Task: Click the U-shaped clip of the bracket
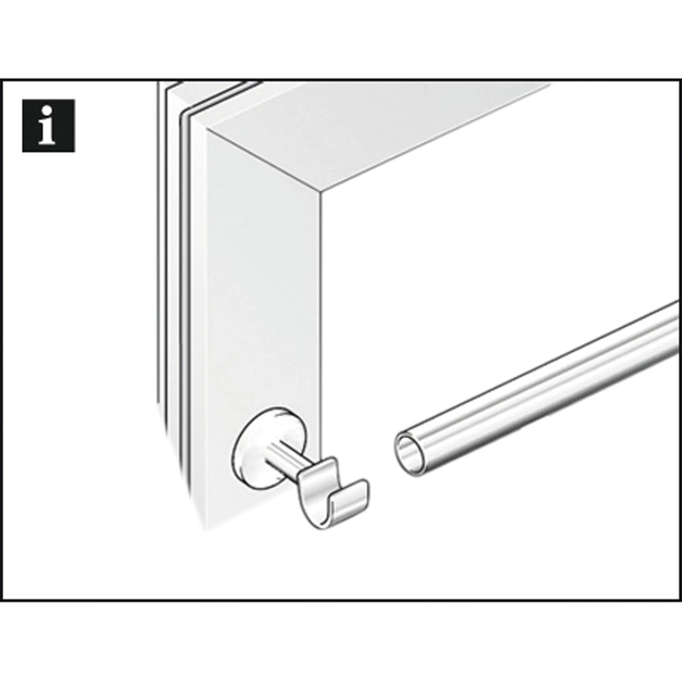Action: tap(334, 493)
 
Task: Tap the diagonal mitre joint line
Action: tap(264, 162)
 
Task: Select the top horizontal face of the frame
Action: tap(377, 136)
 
